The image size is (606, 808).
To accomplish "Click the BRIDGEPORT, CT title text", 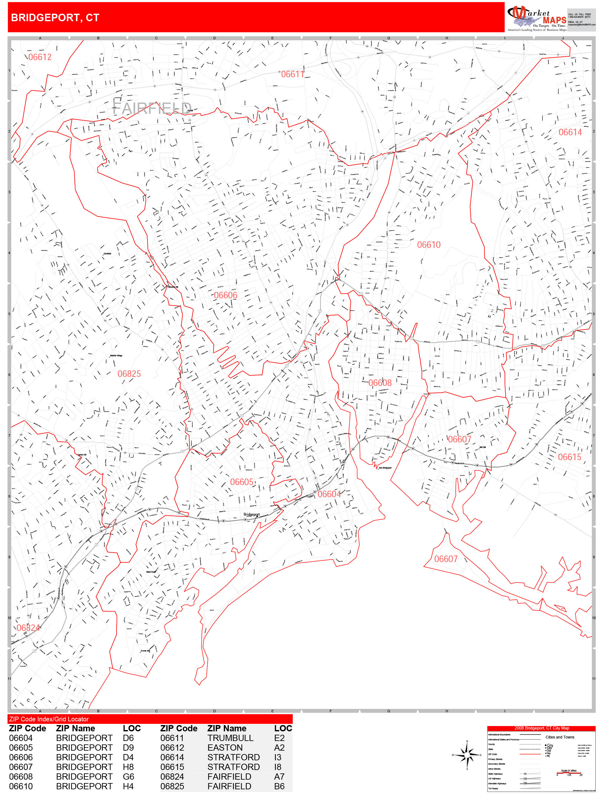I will pos(55,17).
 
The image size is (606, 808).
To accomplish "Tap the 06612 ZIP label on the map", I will pos(40,57).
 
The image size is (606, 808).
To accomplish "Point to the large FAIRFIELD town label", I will pos(151,108).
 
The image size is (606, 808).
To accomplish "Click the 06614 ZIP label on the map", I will pos(570,132).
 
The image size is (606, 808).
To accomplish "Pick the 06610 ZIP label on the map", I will pos(429,245).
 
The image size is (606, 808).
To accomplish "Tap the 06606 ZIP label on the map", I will pos(225,295).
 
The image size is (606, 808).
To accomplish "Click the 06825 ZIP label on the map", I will pos(129,374).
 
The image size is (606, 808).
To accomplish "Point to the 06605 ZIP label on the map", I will pos(242,482).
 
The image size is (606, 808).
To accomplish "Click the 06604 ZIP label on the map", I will pos(329,494).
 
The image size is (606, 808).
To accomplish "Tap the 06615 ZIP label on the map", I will pos(569,457).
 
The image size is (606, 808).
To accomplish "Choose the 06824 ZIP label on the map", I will pos(28,628).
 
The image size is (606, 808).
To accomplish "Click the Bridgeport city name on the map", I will pos(251,514).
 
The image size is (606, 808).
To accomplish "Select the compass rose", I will pos(467,755).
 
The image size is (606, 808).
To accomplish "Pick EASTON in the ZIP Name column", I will pos(225,748).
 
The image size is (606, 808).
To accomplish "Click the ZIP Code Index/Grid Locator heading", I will pos(49,719).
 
